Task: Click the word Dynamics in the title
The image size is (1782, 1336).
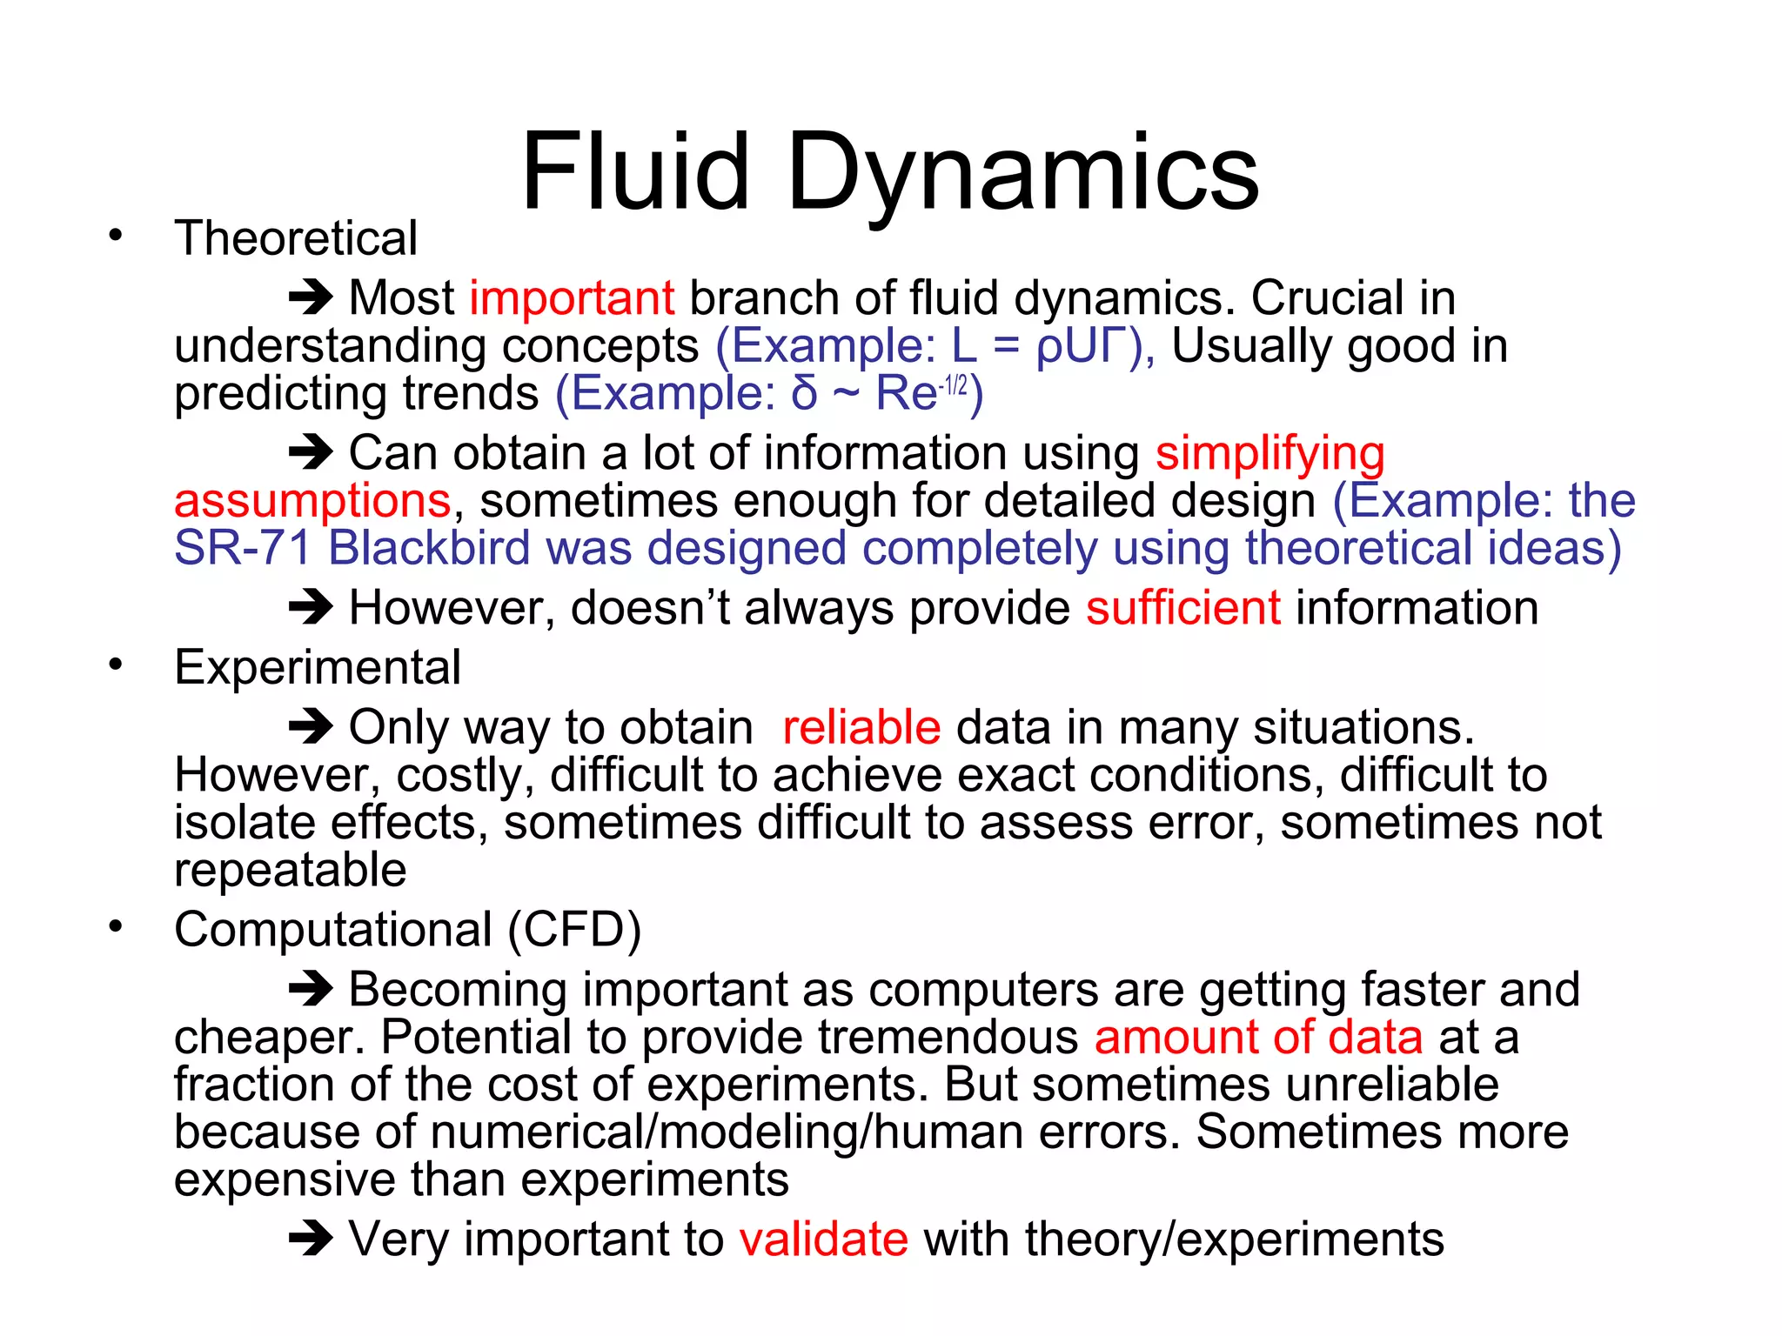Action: [x=1022, y=174]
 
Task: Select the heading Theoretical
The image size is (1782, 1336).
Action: [x=296, y=238]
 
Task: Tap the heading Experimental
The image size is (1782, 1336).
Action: [x=318, y=668]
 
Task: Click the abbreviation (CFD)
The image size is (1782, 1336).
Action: [x=575, y=929]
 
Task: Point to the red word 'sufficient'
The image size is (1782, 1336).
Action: [x=1182, y=608]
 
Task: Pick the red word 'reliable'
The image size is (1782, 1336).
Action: [x=861, y=727]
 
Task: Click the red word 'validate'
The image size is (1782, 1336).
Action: [x=824, y=1239]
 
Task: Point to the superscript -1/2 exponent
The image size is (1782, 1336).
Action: [x=954, y=384]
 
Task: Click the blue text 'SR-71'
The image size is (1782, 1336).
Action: [x=243, y=549]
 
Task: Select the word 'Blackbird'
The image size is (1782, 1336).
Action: [x=429, y=549]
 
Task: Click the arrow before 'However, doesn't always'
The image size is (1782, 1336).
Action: [x=311, y=607]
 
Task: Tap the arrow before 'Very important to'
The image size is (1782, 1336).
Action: [x=311, y=1239]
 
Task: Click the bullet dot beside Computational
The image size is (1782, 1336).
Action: [x=116, y=927]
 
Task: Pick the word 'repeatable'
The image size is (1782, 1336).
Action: [x=291, y=870]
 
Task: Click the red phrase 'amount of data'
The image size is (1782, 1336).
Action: [x=1258, y=1038]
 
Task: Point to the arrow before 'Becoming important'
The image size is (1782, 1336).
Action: [x=311, y=989]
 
